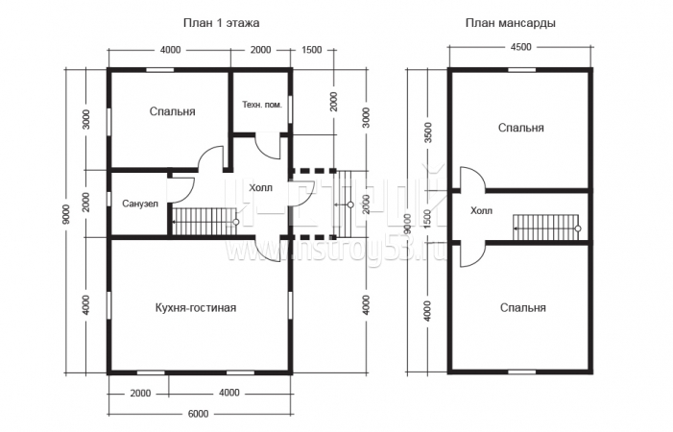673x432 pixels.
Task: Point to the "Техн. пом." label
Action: [262, 104]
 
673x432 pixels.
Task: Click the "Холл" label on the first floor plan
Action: [259, 187]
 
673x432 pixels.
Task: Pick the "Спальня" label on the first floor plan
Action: [172, 111]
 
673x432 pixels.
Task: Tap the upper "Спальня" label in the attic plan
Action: [521, 127]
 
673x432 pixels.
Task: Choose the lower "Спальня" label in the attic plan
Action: [522, 308]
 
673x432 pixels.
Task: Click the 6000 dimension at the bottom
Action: [199, 414]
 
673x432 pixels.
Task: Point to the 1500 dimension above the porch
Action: [311, 50]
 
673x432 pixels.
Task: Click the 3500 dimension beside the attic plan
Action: [428, 133]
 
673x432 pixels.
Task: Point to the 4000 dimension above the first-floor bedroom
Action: [170, 50]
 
